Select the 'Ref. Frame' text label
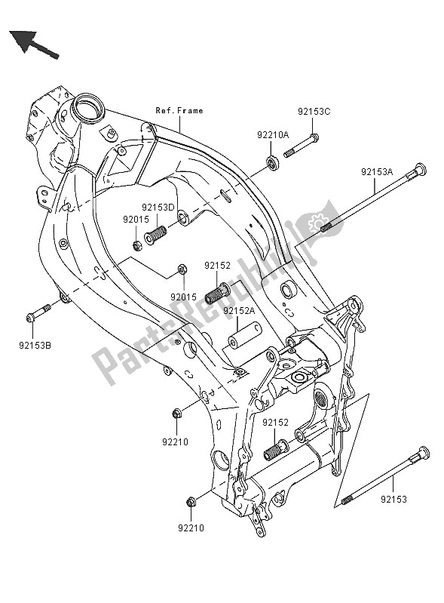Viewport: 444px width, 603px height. pos(179,111)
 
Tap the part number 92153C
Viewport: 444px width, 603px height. pos(314,111)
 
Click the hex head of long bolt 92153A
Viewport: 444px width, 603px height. pos(419,170)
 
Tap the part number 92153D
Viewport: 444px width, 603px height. pos(158,207)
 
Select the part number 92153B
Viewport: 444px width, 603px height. pos(35,346)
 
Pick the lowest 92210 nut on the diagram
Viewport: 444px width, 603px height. pos(190,501)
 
